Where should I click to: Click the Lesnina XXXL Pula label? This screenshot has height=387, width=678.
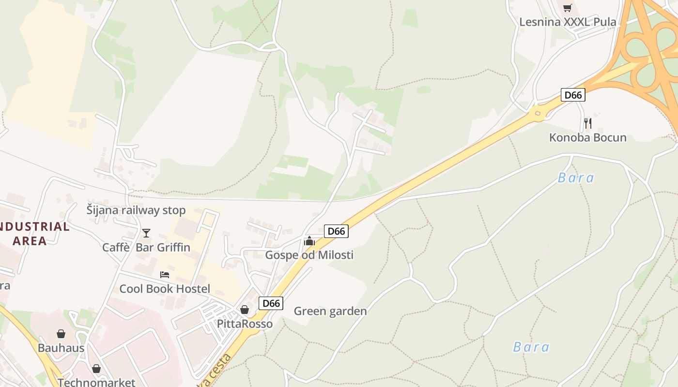(x=568, y=22)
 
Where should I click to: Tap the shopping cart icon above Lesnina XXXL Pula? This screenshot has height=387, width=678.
(x=568, y=8)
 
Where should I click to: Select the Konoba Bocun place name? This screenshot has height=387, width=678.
(x=587, y=138)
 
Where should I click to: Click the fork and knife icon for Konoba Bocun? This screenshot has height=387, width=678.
(x=587, y=123)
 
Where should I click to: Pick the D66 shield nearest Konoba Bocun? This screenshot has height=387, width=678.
(x=573, y=95)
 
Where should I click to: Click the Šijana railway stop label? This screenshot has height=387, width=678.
(x=136, y=210)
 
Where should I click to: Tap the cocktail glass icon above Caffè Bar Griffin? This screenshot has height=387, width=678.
(x=146, y=233)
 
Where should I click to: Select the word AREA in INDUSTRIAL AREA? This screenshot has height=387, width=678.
(x=30, y=241)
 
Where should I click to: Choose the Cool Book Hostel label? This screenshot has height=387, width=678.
(x=165, y=289)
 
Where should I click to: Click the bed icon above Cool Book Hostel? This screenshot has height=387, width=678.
(x=165, y=275)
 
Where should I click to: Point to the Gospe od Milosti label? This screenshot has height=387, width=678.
(x=309, y=255)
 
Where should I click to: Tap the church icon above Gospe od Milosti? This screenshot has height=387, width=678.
(x=309, y=240)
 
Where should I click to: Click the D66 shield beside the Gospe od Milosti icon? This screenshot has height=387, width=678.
(x=336, y=231)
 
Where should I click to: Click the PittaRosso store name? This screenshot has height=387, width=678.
(x=245, y=324)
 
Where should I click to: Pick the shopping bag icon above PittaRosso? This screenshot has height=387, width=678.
(x=245, y=310)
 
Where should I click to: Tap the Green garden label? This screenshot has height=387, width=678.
(x=330, y=311)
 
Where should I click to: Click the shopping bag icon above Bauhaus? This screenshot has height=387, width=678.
(x=61, y=334)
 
